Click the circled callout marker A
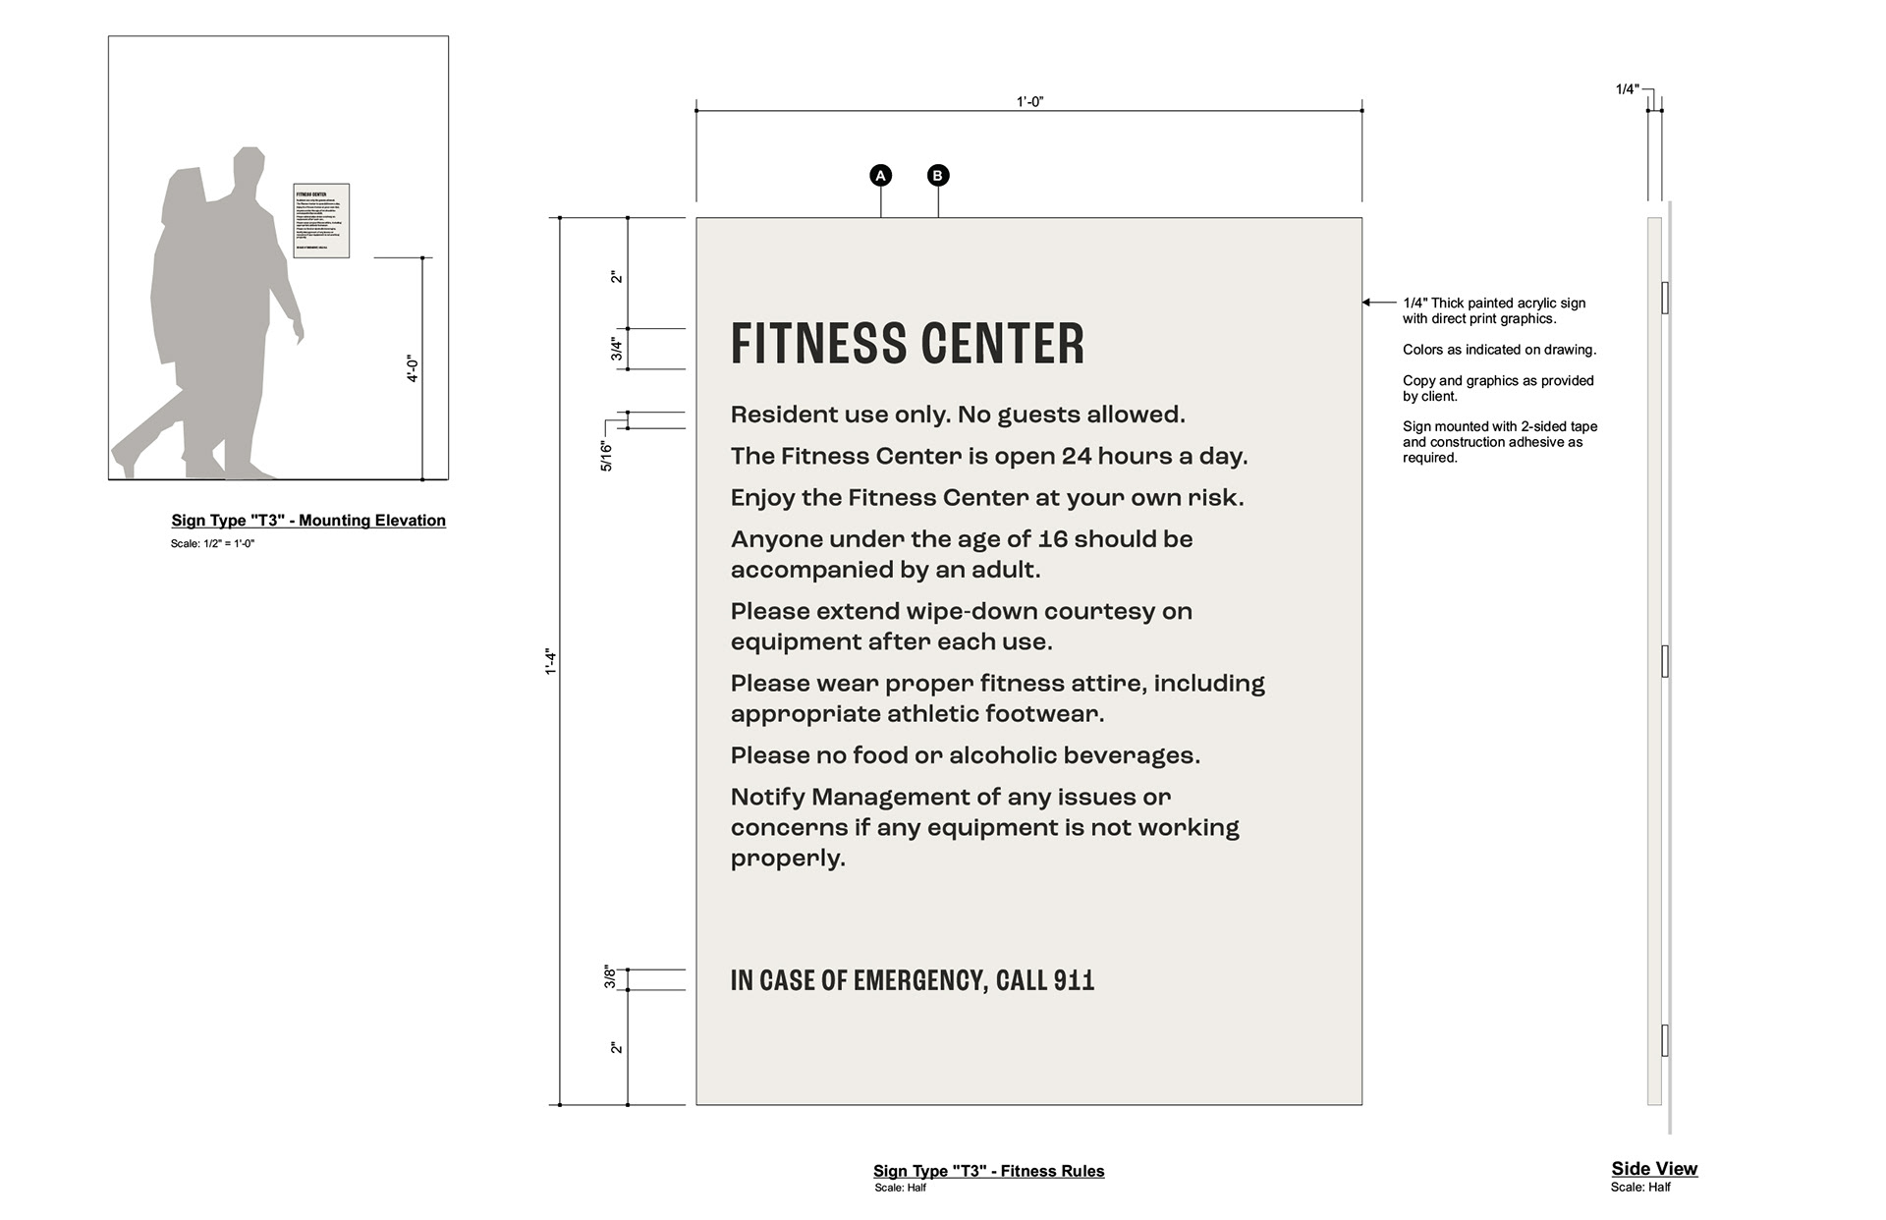point(881,176)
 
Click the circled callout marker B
point(938,176)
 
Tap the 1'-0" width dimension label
point(1029,102)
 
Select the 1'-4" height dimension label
point(551,662)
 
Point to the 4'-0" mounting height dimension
point(413,369)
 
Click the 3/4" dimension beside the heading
point(617,349)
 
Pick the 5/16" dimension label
point(606,456)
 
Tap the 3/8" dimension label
point(610,977)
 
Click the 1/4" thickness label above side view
point(1628,89)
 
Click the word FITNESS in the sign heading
point(804,345)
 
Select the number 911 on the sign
point(1074,980)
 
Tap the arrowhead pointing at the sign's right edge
point(1366,303)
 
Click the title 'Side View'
point(1654,1168)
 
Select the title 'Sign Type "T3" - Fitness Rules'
point(988,1171)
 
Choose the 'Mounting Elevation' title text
point(372,521)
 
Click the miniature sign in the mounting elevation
point(321,221)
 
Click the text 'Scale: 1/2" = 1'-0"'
point(212,543)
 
